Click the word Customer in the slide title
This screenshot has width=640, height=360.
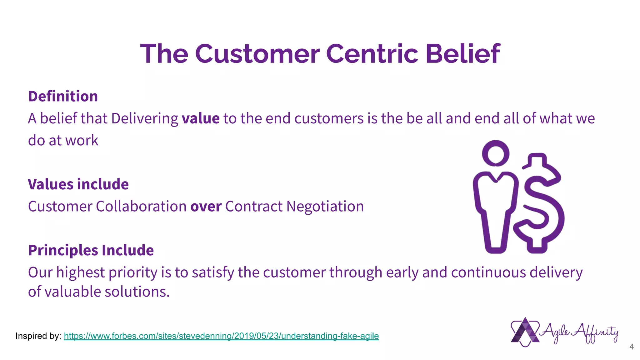point(257,54)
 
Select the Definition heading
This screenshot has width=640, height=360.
point(63,96)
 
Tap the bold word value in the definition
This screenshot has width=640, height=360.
point(201,118)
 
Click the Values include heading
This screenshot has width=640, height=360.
point(78,184)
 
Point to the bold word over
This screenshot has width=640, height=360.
point(206,207)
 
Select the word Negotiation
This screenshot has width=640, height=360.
point(325,207)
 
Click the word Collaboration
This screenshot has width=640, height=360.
point(141,207)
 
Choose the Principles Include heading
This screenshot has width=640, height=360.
point(91,250)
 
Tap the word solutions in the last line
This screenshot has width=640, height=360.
point(137,292)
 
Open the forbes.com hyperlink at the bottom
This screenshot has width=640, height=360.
point(221,336)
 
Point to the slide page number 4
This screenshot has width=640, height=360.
point(631,347)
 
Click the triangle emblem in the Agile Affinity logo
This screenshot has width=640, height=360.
point(525,332)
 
